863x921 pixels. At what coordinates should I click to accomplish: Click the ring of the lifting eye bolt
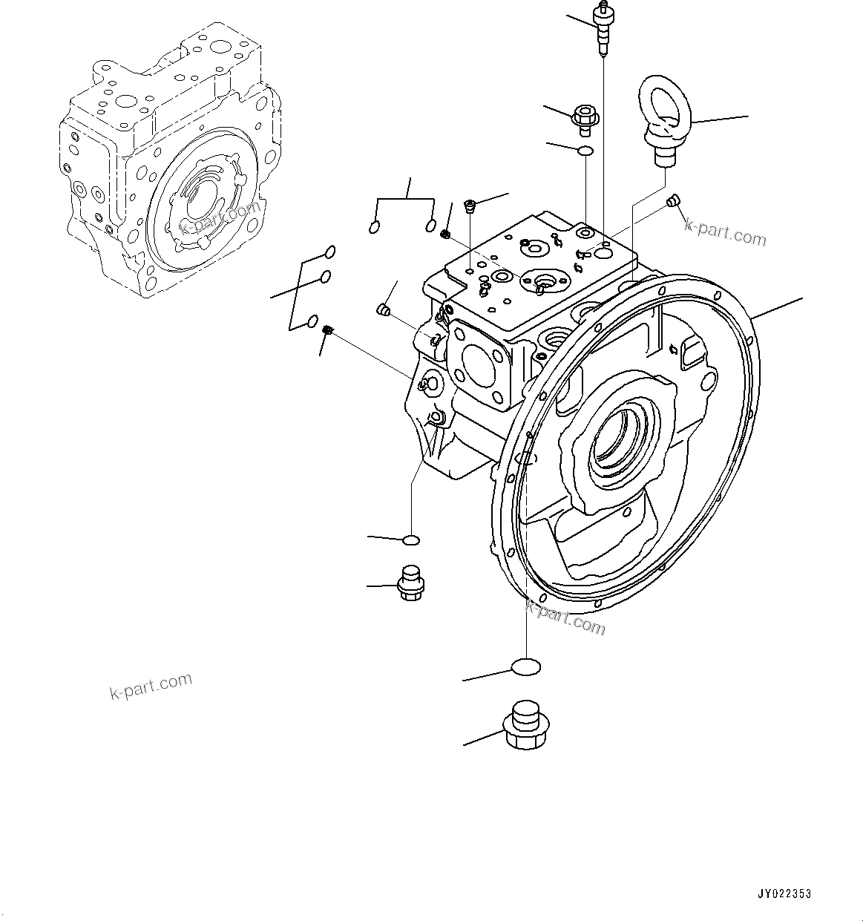pos(666,104)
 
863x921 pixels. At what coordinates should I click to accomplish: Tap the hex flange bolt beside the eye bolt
pos(585,119)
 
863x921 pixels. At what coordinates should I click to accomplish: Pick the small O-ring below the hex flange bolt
pos(585,151)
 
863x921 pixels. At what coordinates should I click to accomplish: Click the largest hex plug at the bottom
pos(526,724)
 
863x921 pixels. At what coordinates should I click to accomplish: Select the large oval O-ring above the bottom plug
pos(526,667)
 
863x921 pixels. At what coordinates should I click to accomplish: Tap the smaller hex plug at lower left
pos(410,583)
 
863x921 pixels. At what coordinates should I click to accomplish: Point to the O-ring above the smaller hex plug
pos(411,540)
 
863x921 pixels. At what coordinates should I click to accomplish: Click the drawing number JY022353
pos(784,894)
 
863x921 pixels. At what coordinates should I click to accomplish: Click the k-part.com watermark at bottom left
pos(151,686)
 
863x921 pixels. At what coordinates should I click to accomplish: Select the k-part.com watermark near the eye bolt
pos(725,235)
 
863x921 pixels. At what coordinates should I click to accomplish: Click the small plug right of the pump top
pos(674,200)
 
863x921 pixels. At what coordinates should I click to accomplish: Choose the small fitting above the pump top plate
pos(470,206)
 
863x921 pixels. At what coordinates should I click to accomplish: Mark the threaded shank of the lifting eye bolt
pos(663,157)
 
